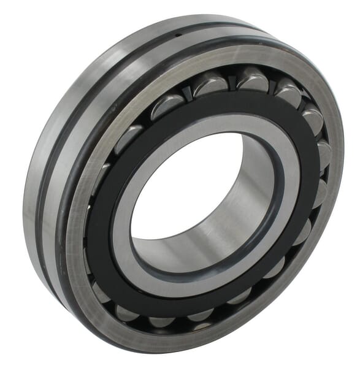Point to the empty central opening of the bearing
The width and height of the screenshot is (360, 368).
184,184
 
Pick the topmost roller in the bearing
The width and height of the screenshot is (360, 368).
252,79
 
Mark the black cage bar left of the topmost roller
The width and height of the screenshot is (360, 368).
232,83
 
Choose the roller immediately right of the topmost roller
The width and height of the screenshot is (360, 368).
288,92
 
